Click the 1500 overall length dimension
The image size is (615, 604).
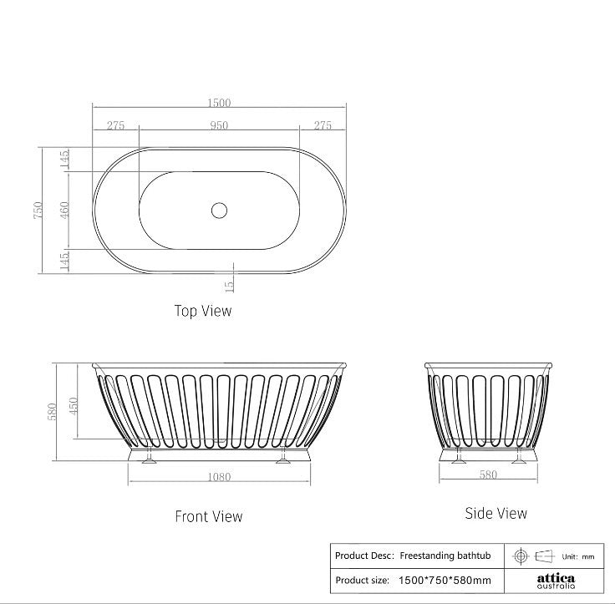point(219,103)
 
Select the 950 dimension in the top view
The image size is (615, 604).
point(219,125)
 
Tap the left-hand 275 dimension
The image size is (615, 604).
point(115,125)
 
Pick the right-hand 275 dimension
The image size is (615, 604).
point(323,125)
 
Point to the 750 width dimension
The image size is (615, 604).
point(38,211)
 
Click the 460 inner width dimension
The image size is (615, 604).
point(64,210)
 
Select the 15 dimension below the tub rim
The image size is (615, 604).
point(230,285)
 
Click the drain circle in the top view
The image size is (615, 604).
point(219,210)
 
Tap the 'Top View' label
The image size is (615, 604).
point(202,311)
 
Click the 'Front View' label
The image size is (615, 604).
point(208,516)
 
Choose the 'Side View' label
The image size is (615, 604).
point(496,513)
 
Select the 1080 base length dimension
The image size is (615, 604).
point(219,477)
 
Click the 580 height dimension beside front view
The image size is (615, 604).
point(52,411)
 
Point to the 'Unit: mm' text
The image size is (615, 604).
point(577,556)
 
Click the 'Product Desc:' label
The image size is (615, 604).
point(363,556)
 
